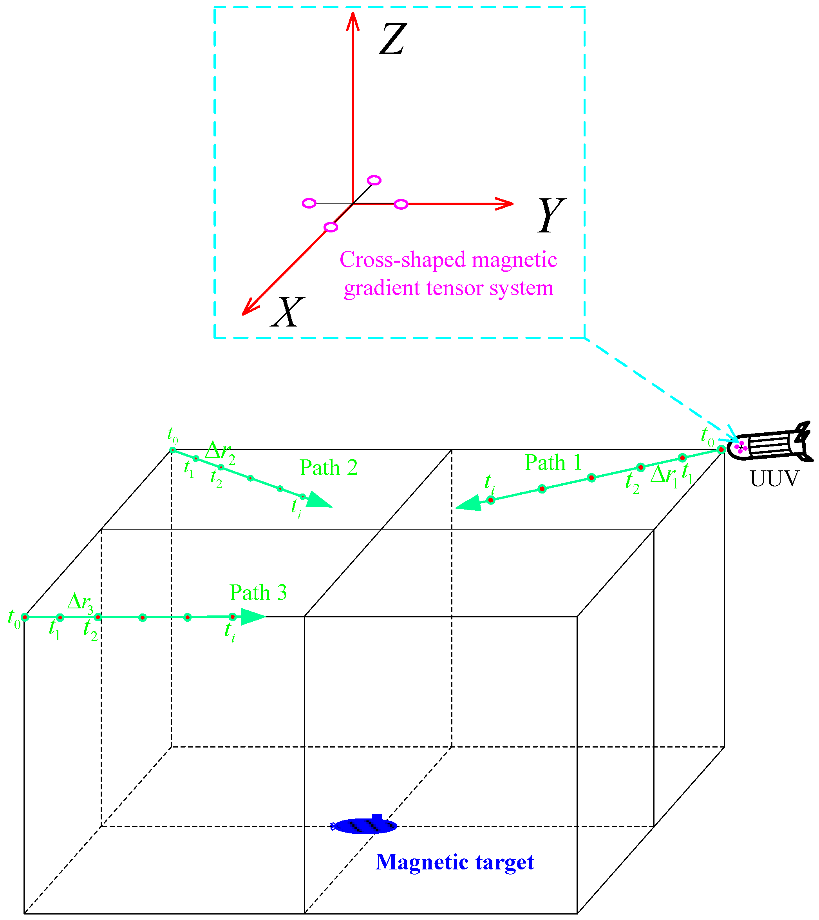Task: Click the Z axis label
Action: coord(392,40)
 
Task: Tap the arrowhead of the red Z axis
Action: coord(353,20)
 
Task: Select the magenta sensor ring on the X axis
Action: coord(331,227)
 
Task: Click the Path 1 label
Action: coord(553,463)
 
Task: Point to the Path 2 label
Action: coord(329,467)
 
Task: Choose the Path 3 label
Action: coord(258,593)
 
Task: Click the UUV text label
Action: coord(774,479)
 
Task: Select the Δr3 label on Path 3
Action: coord(80,602)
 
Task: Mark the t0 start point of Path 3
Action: coord(25,617)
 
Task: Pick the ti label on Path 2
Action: coord(296,508)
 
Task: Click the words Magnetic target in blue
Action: coord(454,862)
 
